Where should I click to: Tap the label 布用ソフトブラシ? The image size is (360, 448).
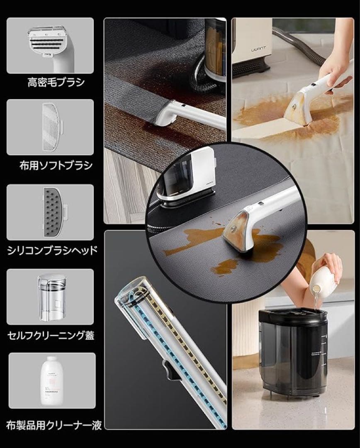(56, 166)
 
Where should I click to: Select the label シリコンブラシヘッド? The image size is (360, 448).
(53, 250)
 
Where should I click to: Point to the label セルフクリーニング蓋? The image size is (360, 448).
(51, 335)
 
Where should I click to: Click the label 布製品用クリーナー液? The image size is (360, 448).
(54, 425)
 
